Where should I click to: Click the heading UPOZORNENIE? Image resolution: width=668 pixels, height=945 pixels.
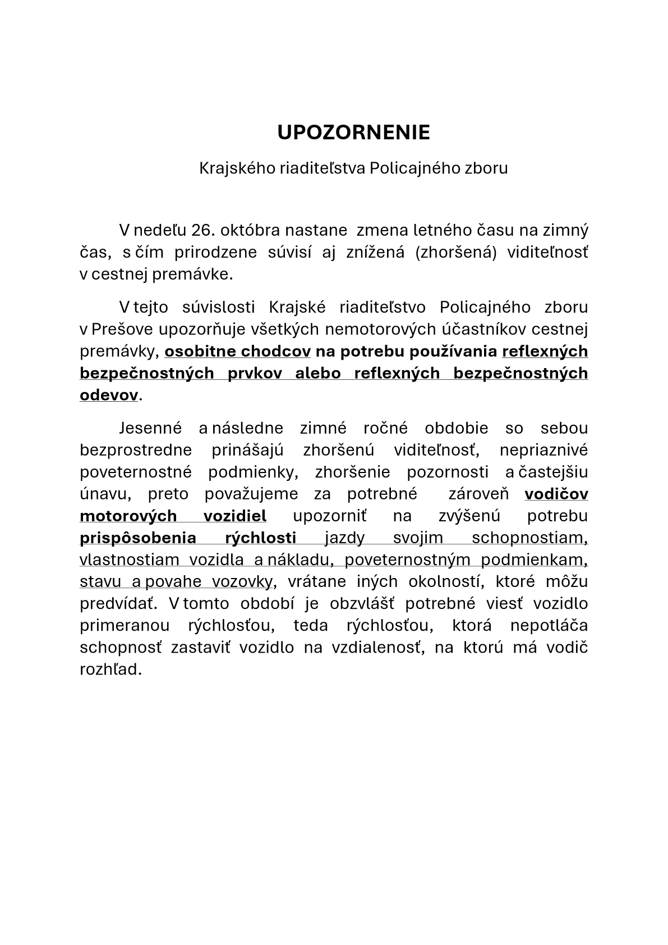pos(353,132)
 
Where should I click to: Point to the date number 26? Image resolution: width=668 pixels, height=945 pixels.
pos(204,230)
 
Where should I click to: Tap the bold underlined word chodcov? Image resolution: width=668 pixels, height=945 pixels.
pos(276,351)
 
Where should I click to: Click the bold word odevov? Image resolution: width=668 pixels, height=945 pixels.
pos(109,395)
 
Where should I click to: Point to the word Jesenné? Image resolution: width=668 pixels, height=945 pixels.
pos(150,428)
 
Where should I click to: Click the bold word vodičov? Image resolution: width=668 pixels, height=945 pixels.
pos(556,494)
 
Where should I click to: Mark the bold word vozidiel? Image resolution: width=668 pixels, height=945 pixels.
pos(235,516)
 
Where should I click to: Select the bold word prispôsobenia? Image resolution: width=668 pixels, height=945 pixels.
pos(138,538)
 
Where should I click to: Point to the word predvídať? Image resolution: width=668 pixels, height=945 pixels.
pos(116,604)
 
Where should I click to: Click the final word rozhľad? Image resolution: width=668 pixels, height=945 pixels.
pos(110,669)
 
